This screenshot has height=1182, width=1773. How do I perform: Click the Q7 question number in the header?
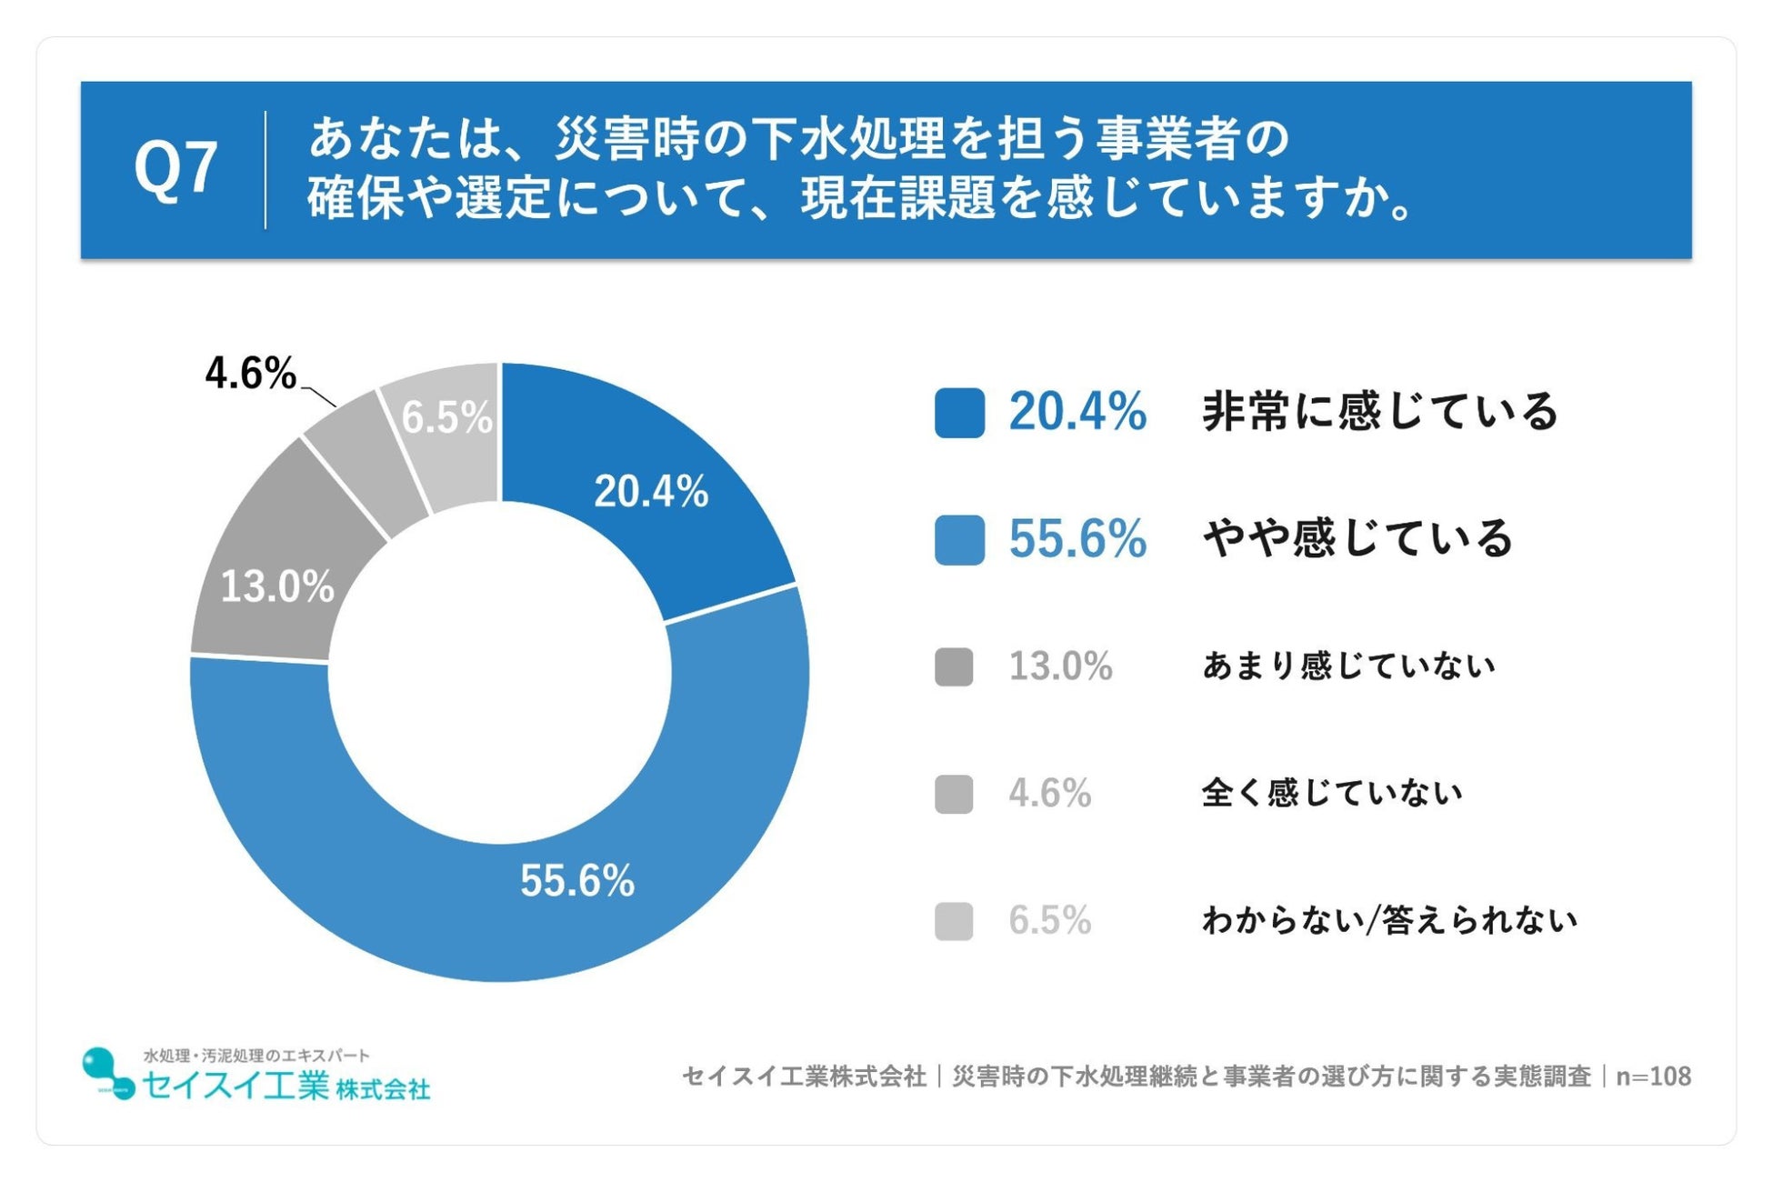point(175,168)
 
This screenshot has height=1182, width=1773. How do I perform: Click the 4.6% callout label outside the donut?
point(250,374)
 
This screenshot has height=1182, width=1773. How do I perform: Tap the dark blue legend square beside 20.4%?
point(959,413)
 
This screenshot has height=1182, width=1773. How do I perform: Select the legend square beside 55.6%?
point(959,540)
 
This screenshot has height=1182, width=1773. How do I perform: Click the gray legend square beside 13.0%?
point(954,666)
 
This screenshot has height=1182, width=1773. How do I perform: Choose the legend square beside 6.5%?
point(954,921)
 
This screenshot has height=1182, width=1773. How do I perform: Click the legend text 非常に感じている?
point(1380,412)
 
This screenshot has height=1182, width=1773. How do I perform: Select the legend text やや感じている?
point(1357,539)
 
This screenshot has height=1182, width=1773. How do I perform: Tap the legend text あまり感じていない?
point(1348,666)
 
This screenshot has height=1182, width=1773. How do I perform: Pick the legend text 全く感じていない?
point(1332,794)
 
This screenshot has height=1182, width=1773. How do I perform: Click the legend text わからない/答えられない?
point(1389,921)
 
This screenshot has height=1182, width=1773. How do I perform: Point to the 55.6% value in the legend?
point(1077,539)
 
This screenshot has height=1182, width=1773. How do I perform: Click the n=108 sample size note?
point(1653,1077)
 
